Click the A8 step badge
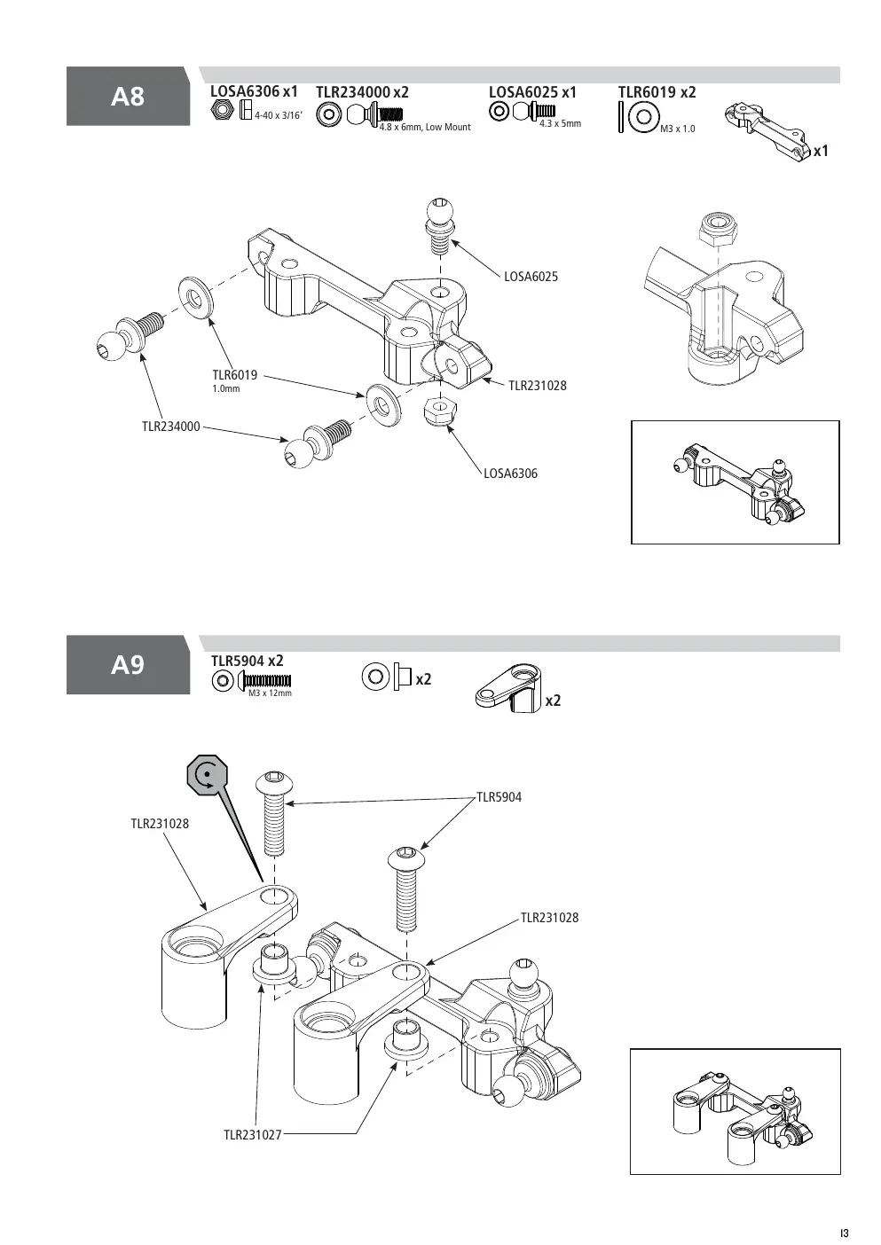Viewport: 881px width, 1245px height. click(129, 96)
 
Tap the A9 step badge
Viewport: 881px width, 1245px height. click(129, 665)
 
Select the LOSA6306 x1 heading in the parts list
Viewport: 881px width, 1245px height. click(254, 91)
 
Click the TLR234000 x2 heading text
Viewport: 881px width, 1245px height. click(362, 92)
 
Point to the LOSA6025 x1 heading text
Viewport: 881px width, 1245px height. click(532, 92)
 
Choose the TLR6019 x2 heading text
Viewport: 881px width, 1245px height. click(657, 92)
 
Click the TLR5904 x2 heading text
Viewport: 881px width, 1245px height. click(247, 661)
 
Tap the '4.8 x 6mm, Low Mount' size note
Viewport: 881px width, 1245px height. click(425, 128)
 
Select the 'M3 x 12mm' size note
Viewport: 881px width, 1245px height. click(270, 693)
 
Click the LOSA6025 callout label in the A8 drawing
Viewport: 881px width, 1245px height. click(531, 277)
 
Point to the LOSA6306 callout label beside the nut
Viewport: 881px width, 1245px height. click(510, 474)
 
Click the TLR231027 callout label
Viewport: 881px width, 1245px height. click(253, 1135)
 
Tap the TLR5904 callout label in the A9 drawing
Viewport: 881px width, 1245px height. click(499, 797)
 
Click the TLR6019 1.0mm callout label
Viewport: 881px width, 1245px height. click(235, 380)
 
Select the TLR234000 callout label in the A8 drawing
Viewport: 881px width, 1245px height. click(170, 427)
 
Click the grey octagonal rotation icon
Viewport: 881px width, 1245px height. click(207, 775)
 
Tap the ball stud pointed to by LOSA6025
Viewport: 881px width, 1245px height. click(441, 220)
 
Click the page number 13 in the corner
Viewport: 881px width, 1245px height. click(845, 1233)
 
